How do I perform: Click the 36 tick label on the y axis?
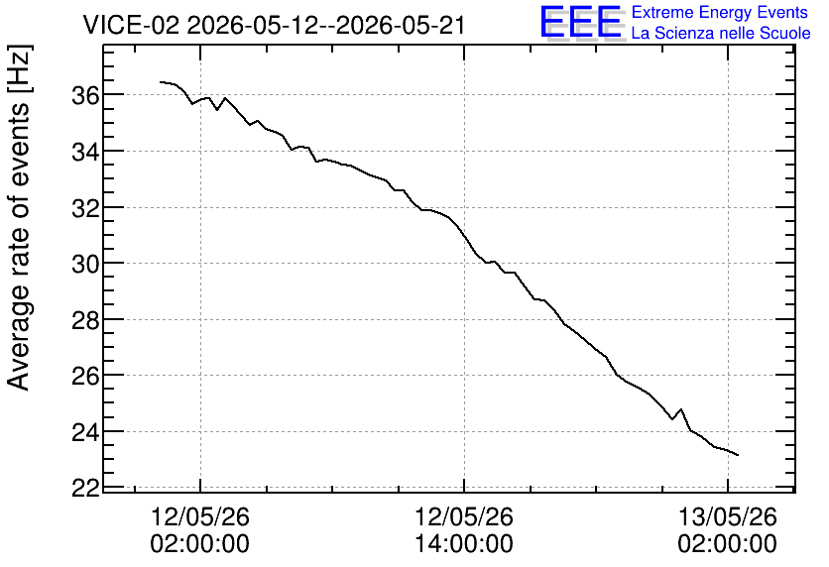click(85, 95)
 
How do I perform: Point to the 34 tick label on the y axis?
click(85, 152)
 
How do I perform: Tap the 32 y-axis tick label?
click(85, 208)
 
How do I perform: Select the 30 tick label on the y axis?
click(85, 264)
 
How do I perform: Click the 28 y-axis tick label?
click(85, 320)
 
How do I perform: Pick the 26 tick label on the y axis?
click(85, 376)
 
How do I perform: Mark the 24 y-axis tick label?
click(85, 432)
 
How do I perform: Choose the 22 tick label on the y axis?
click(85, 488)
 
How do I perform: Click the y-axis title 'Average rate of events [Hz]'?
click(20, 218)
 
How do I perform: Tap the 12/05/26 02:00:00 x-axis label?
click(200, 530)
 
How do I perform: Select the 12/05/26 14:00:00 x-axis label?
click(464, 530)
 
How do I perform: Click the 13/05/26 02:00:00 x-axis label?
click(728, 530)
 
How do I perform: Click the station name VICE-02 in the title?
click(131, 25)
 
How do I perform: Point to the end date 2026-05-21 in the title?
click(401, 25)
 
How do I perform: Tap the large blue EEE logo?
click(580, 22)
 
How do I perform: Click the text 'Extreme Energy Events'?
click(720, 12)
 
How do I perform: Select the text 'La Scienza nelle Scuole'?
click(721, 33)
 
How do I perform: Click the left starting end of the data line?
click(161, 82)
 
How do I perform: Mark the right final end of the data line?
click(738, 455)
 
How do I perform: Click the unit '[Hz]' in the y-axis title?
click(20, 67)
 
